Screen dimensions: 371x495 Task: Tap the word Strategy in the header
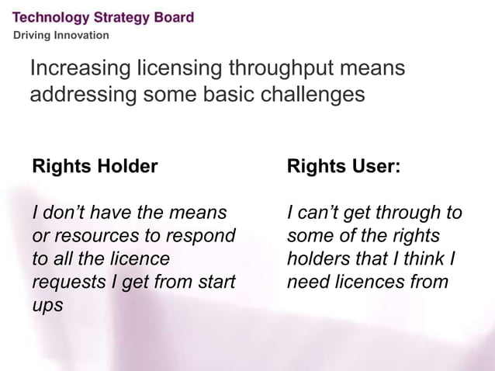[x=123, y=17]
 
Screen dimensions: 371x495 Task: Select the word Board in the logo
[x=175, y=17]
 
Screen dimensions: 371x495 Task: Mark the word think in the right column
[x=424, y=258]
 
